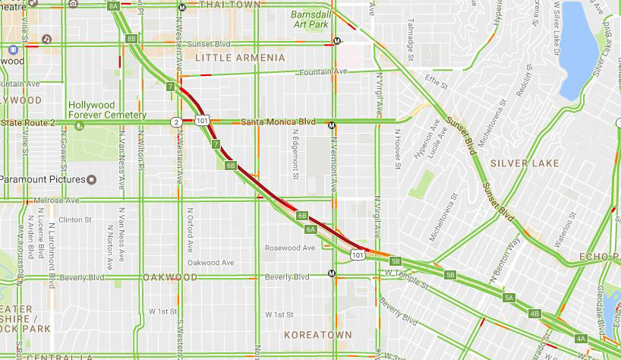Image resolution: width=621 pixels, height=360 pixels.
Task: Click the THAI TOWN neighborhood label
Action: coord(229,5)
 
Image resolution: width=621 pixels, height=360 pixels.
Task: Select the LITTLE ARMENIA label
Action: coord(240,58)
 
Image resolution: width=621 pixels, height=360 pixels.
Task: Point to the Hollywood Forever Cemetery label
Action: coord(107,110)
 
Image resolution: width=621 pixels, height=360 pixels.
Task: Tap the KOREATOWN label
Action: coord(317,334)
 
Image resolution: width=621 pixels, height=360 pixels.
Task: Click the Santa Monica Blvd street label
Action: coord(277,122)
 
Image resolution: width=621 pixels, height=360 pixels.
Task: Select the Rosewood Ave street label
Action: coord(289,248)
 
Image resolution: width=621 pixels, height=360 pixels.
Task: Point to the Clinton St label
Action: coord(74,219)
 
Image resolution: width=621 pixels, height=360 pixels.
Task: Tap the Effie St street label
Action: coord(437,79)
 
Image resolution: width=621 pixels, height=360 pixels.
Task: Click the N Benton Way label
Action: coord(504,259)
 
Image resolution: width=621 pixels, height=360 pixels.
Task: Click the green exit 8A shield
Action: coord(114,6)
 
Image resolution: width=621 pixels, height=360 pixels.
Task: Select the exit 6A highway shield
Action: coord(310,229)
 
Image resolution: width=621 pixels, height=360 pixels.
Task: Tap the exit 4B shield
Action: coord(534,314)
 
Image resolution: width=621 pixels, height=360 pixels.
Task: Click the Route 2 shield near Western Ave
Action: coord(175,122)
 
